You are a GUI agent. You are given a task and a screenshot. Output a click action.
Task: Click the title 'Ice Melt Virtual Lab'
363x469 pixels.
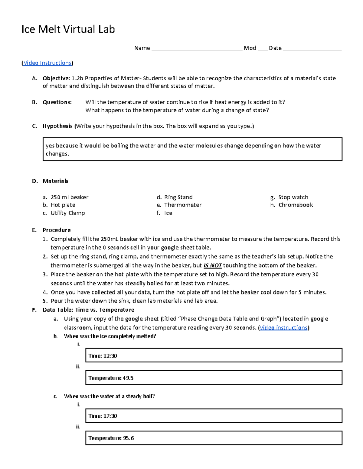pos(68,29)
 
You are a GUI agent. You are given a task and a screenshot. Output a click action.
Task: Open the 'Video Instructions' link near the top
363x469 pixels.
pos(47,63)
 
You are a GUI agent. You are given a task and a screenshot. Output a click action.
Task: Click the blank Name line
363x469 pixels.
pos(197,49)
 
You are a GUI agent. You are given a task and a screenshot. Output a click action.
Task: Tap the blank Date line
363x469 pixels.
pos(312,49)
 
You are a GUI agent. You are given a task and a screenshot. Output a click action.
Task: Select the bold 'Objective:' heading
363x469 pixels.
pos(56,78)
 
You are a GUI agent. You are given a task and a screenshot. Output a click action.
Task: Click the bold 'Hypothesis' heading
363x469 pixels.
pos(57,126)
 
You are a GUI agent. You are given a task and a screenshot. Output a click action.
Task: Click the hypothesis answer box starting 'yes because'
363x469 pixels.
pos(192,149)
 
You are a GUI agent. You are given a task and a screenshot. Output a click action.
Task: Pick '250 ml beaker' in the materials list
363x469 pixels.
pos(69,197)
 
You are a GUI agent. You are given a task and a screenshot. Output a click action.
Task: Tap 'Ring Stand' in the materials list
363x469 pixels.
pos(178,197)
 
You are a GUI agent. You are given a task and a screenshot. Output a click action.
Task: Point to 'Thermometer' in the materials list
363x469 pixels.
pos(183,205)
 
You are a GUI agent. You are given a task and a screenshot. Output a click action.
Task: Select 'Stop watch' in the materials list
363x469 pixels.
pos(293,197)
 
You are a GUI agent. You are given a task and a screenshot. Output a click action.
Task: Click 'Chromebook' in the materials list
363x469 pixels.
pos(296,205)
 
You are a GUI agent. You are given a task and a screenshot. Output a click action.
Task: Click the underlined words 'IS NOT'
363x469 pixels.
pos(213,265)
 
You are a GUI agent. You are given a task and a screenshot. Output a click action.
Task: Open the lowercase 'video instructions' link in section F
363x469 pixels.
pos(284,328)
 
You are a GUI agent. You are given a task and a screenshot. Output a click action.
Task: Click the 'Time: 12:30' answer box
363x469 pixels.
pos(214,355)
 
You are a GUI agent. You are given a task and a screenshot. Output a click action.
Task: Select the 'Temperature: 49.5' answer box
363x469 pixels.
pos(214,378)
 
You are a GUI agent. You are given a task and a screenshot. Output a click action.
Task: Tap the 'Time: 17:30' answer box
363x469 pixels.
pos(214,416)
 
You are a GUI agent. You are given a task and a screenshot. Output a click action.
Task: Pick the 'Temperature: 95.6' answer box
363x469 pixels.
pos(214,438)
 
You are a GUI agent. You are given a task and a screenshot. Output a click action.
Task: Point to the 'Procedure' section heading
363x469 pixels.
pos(57,230)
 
